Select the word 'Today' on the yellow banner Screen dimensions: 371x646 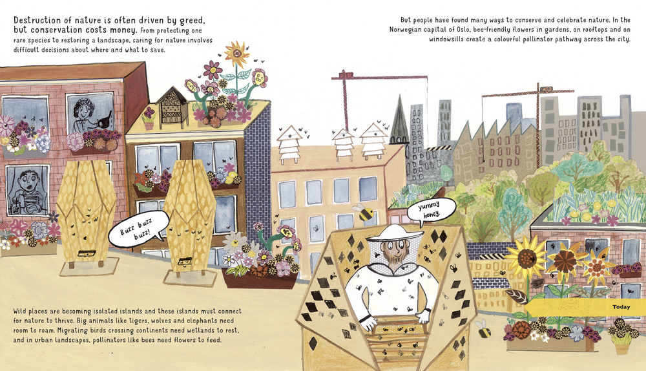621,306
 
